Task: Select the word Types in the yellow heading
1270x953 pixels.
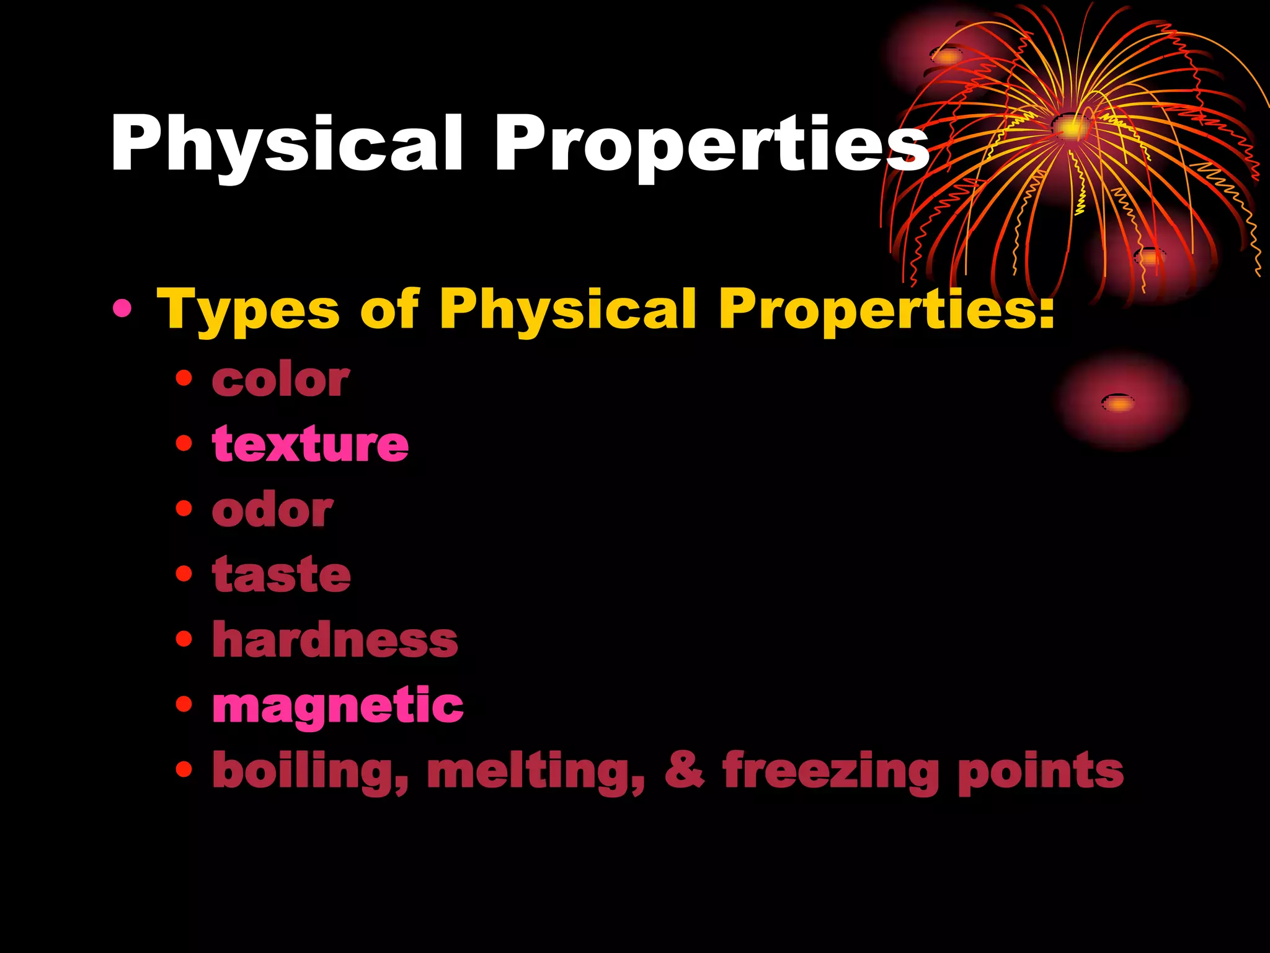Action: [248, 310]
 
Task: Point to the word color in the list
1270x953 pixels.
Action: [281, 380]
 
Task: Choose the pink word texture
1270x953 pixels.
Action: [310, 444]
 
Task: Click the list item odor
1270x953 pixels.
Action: [273, 510]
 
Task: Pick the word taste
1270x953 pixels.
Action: [282, 575]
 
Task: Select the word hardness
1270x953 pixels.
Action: [335, 640]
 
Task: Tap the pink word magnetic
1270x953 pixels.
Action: [338, 706]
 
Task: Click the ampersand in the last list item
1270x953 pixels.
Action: [685, 770]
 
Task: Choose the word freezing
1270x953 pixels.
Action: [831, 771]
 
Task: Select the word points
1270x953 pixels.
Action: [1041, 771]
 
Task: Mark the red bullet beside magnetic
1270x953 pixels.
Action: [184, 704]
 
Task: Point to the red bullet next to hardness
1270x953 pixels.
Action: [184, 638]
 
